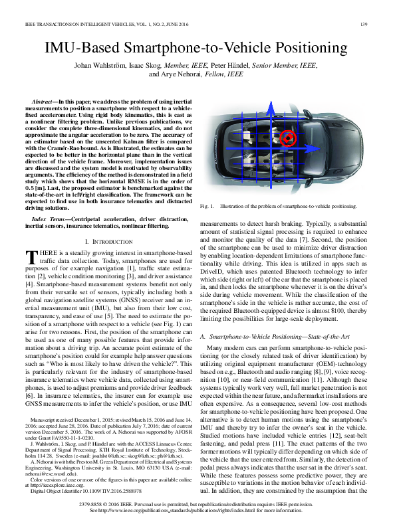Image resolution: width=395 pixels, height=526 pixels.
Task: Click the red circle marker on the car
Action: coord(287,138)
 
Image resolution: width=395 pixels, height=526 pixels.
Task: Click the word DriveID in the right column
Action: coord(213,278)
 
